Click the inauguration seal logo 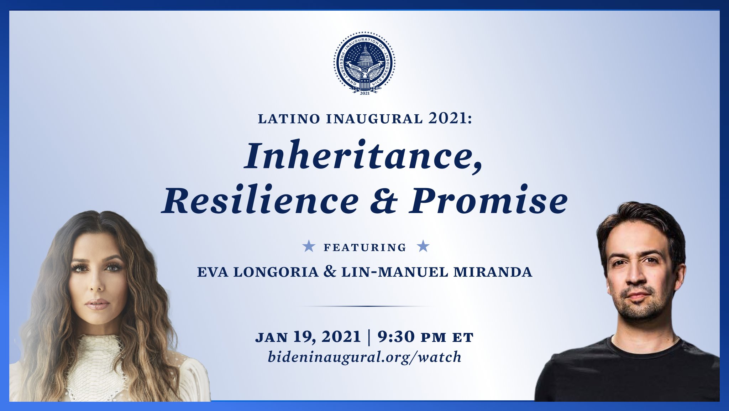click(x=364, y=63)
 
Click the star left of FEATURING click(x=309, y=246)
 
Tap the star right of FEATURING click(x=423, y=246)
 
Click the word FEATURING click(x=365, y=248)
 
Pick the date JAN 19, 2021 click(x=308, y=337)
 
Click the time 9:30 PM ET click(x=426, y=337)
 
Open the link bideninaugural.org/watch click(x=364, y=357)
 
